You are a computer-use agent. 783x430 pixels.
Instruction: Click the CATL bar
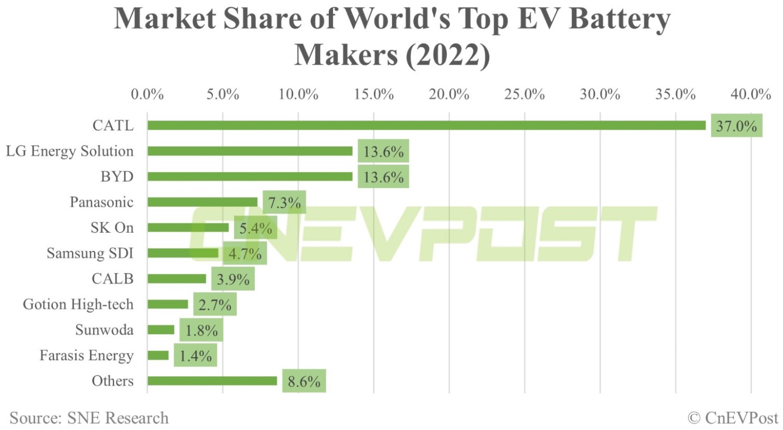(x=426, y=125)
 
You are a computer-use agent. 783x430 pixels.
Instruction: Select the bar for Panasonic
(x=202, y=202)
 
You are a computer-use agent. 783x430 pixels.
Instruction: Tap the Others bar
(x=212, y=381)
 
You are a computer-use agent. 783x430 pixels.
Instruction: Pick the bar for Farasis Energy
(x=158, y=355)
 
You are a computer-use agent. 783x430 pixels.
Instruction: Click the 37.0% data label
(x=736, y=126)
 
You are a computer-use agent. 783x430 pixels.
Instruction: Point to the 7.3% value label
(x=284, y=203)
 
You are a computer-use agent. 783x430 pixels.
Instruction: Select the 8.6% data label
(x=304, y=381)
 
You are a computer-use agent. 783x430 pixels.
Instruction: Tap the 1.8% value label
(x=201, y=331)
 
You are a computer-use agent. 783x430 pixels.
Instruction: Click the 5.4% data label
(x=255, y=228)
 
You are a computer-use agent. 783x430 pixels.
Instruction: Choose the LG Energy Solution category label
(x=70, y=151)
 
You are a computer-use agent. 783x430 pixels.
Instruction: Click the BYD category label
(x=117, y=177)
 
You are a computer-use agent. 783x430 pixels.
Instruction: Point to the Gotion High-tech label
(x=78, y=304)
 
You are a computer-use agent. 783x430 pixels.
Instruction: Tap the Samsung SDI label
(x=90, y=253)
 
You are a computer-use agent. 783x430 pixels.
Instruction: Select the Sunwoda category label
(x=104, y=330)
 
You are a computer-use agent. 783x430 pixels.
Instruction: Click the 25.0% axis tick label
(x=525, y=94)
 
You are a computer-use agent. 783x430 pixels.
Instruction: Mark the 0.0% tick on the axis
(x=148, y=94)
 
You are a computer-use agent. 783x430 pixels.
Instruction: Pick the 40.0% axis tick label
(x=751, y=94)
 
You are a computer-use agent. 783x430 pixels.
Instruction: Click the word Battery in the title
(x=619, y=20)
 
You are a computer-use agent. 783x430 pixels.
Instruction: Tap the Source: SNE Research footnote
(x=89, y=418)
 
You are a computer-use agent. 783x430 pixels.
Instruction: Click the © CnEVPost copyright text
(x=733, y=418)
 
